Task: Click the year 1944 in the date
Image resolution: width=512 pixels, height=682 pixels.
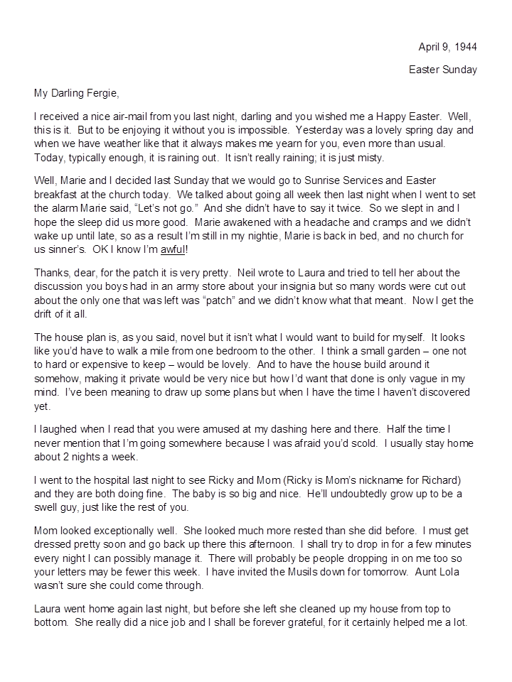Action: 464,47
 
